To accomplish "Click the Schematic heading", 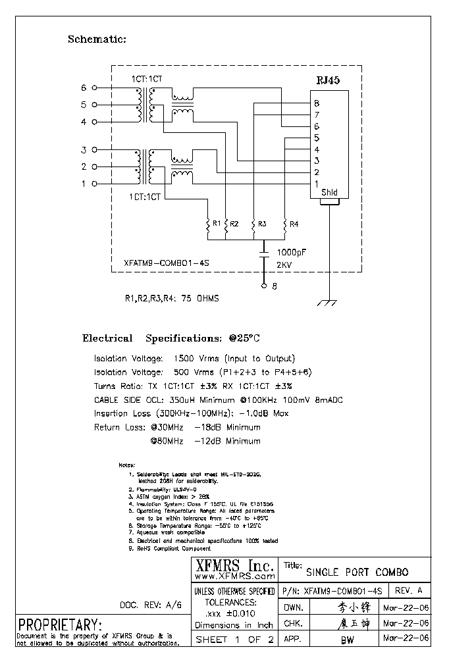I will pos(97,39).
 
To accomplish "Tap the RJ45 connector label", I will pos(329,81).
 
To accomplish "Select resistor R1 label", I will pos(217,224).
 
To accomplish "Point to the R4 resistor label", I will pos(294,224).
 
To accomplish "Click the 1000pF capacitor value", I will pos(291,251).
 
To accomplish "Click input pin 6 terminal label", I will pos(84,88).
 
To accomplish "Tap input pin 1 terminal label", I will pos(84,184).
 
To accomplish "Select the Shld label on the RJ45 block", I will pos(329,193).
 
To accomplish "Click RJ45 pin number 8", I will pos(317,104).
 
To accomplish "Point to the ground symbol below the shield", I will pos(327,303).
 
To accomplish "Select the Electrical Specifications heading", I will pos(171,338).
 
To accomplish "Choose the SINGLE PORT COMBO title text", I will pos(357,572).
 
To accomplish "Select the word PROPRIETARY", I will pos(60,624).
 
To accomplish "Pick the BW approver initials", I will pos(347,640).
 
